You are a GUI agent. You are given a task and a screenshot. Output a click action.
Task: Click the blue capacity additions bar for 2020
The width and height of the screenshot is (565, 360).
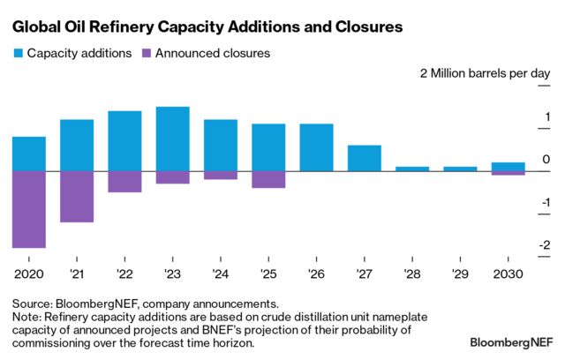(29, 154)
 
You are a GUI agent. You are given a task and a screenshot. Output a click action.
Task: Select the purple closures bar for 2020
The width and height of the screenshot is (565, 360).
(29, 209)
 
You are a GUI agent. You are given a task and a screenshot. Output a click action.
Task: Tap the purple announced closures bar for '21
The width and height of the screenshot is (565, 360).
(77, 196)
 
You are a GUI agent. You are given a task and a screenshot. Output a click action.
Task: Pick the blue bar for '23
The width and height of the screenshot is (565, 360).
(173, 139)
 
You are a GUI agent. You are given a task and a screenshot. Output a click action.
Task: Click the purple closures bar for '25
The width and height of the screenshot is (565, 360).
(268, 179)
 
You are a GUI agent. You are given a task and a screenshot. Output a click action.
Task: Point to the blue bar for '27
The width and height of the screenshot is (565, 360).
(365, 158)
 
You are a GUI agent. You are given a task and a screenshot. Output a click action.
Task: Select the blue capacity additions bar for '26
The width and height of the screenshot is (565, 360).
(317, 147)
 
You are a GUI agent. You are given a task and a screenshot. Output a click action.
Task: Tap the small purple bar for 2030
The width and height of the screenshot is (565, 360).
(508, 173)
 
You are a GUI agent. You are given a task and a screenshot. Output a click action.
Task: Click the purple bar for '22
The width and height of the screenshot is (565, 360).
(124, 181)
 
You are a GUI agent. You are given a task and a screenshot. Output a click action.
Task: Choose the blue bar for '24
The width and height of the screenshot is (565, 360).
(221, 145)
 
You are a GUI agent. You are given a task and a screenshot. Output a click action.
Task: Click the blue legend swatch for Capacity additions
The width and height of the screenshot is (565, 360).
(18, 53)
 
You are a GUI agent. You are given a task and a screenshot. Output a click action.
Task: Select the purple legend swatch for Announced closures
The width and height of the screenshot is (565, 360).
(146, 53)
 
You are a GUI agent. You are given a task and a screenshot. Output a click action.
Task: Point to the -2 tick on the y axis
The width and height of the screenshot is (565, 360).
(546, 246)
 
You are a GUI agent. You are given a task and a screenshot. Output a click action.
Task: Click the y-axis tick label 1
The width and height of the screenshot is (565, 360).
(547, 117)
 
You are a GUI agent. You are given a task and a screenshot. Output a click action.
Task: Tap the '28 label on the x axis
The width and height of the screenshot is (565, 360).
(412, 274)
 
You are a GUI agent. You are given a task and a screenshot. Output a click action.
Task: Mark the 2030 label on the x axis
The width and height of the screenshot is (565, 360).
(508, 274)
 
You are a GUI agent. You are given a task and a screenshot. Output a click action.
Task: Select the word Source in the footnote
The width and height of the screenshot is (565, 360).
(32, 303)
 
